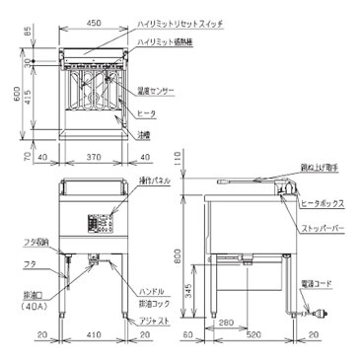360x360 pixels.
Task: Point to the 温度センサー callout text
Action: click(156, 90)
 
